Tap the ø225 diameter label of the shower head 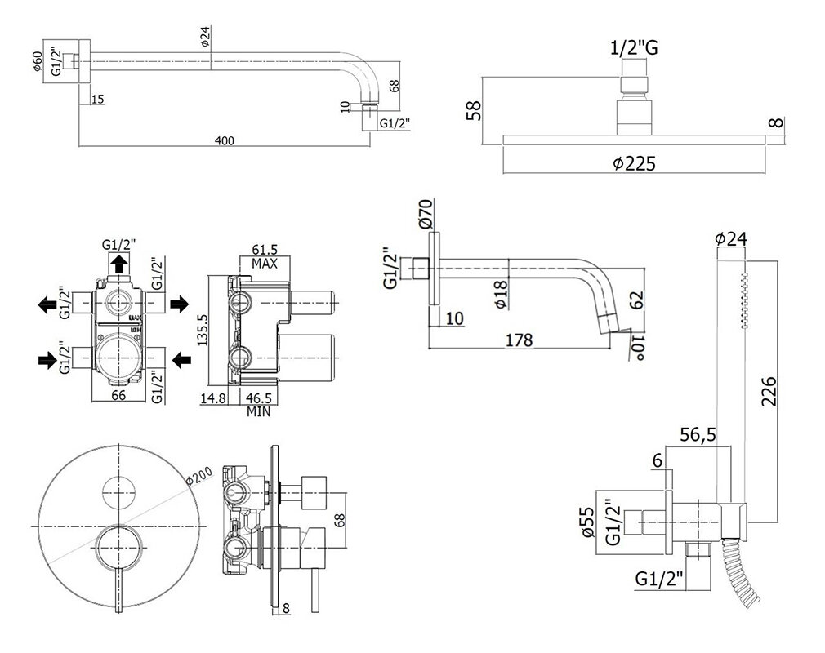(x=634, y=163)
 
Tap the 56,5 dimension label (x=697, y=436)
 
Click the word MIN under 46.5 (x=261, y=412)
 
